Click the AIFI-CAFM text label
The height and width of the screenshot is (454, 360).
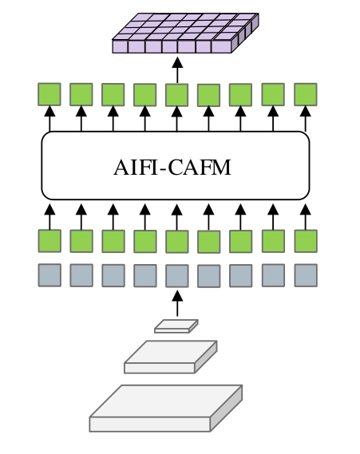click(172, 168)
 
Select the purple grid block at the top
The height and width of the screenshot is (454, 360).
click(185, 33)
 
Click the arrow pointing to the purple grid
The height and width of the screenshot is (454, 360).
click(177, 70)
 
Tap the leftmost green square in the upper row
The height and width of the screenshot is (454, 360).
click(49, 94)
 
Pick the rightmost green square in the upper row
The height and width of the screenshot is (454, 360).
click(306, 94)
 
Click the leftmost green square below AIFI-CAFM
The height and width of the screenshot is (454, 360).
click(49, 241)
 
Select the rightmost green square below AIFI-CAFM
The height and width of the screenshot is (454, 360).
click(306, 241)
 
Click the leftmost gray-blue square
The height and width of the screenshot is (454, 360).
click(49, 275)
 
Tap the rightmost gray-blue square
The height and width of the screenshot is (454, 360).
click(306, 275)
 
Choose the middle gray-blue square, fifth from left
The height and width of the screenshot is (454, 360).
click(177, 275)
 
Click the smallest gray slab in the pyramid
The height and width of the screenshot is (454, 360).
click(176, 326)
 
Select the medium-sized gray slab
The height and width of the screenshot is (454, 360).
click(171, 357)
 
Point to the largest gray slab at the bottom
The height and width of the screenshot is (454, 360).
click(166, 409)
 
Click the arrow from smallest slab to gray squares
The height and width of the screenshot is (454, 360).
click(177, 303)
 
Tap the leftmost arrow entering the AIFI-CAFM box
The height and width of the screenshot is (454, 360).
click(49, 216)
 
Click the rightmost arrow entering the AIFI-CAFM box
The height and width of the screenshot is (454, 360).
click(306, 216)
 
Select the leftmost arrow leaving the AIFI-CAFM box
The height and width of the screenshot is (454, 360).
click(49, 119)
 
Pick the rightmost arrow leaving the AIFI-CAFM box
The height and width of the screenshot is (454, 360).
click(306, 119)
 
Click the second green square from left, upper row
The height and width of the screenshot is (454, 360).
click(81, 94)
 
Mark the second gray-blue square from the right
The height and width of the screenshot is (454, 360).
click(273, 275)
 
